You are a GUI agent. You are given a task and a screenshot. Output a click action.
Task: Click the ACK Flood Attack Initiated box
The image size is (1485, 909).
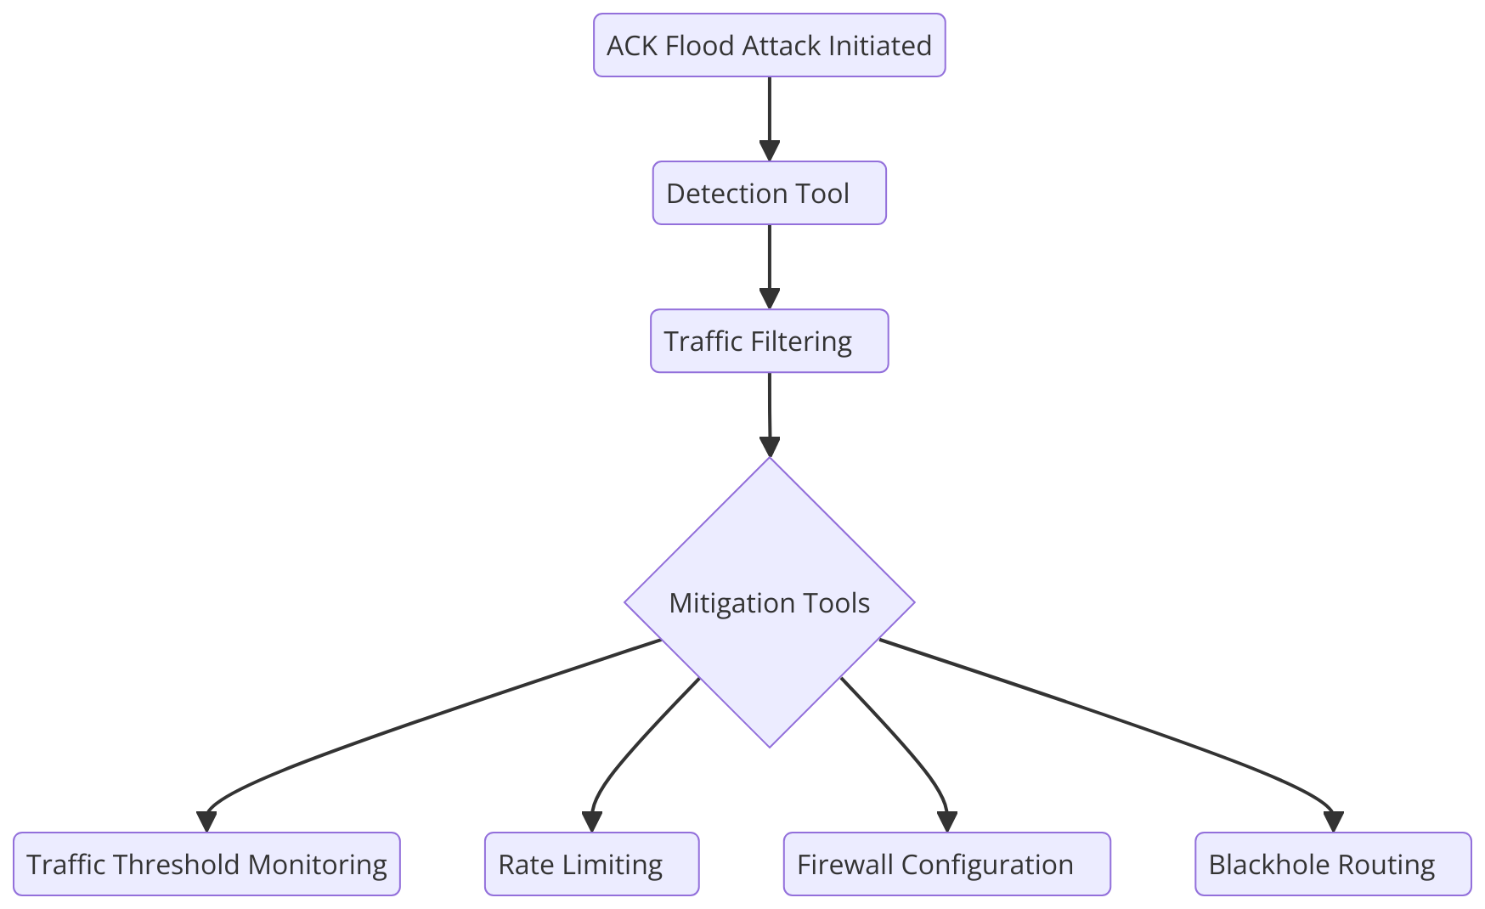(x=769, y=45)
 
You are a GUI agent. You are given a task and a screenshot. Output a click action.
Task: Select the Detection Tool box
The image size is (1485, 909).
(x=769, y=193)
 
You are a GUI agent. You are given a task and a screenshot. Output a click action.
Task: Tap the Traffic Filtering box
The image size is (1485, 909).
(x=769, y=341)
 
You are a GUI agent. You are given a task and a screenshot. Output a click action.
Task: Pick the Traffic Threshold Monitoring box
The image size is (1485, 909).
(x=206, y=864)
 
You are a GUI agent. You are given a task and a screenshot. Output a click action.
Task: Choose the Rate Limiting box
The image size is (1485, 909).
(x=591, y=864)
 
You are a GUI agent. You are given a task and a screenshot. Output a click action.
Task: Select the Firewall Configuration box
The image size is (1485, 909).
(x=946, y=864)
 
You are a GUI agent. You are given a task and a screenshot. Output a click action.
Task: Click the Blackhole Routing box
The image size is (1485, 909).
(x=1332, y=864)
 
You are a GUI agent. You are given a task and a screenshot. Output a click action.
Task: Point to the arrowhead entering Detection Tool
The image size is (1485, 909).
(x=769, y=151)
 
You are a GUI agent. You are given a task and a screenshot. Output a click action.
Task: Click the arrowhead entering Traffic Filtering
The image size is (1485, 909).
(x=769, y=299)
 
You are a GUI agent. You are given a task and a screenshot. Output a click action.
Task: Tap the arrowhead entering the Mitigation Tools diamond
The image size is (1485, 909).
(x=769, y=447)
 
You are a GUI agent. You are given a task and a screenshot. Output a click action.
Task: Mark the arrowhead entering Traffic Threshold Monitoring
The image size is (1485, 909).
(x=206, y=821)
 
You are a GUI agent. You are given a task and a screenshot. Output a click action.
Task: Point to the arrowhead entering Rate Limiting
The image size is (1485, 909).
(x=591, y=821)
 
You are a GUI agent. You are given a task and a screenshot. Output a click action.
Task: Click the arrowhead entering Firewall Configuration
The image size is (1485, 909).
(x=946, y=821)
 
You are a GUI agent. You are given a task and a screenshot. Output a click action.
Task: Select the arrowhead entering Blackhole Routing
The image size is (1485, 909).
(x=1333, y=821)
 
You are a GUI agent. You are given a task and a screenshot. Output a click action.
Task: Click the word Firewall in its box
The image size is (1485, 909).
(x=845, y=864)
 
